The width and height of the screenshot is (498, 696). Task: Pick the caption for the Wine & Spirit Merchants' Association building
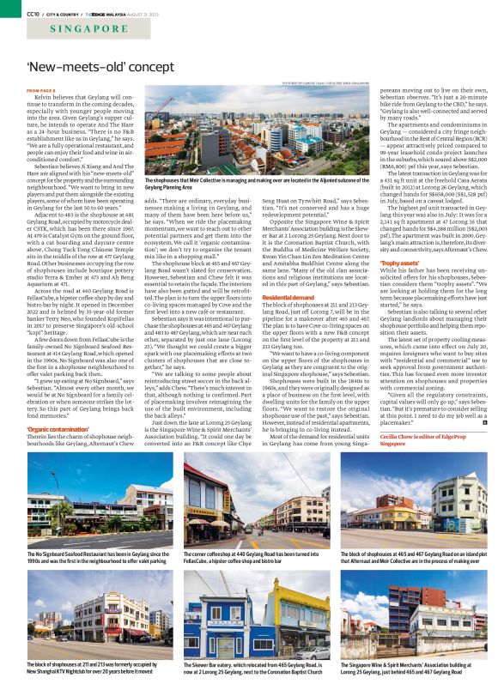[x=412, y=669]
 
